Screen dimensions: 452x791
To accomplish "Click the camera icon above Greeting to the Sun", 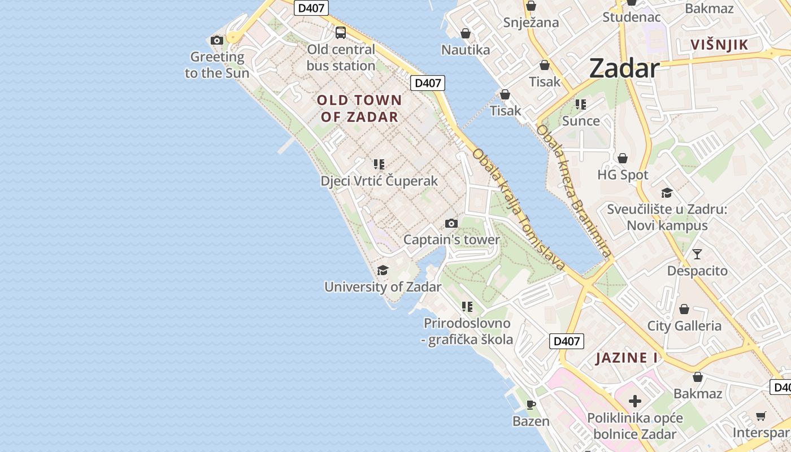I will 216,40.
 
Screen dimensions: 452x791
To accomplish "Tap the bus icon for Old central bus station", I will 341,33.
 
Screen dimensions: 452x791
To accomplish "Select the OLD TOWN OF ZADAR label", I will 359,108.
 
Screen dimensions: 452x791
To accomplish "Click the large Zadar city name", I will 624,69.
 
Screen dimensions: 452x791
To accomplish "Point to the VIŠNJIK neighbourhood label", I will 719,45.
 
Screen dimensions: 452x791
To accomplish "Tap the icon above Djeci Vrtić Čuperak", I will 379,164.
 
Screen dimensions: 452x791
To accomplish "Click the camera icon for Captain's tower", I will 451,223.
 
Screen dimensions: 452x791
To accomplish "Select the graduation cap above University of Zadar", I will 383,270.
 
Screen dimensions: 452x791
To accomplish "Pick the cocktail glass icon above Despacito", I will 697,254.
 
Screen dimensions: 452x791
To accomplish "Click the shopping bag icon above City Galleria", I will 684,309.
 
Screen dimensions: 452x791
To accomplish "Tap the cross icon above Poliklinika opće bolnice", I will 635,401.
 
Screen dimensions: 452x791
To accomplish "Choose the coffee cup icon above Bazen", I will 531,405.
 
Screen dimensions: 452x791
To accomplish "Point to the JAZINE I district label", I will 627,358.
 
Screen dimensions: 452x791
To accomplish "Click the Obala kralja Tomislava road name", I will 519,209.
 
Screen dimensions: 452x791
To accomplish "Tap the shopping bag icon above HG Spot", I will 623,158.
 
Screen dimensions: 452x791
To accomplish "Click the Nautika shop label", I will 466,50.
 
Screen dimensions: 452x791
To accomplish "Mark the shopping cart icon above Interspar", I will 761,416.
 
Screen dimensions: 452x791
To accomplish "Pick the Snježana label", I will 531,23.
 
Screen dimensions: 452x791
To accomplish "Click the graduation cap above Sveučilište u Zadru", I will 667,193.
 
